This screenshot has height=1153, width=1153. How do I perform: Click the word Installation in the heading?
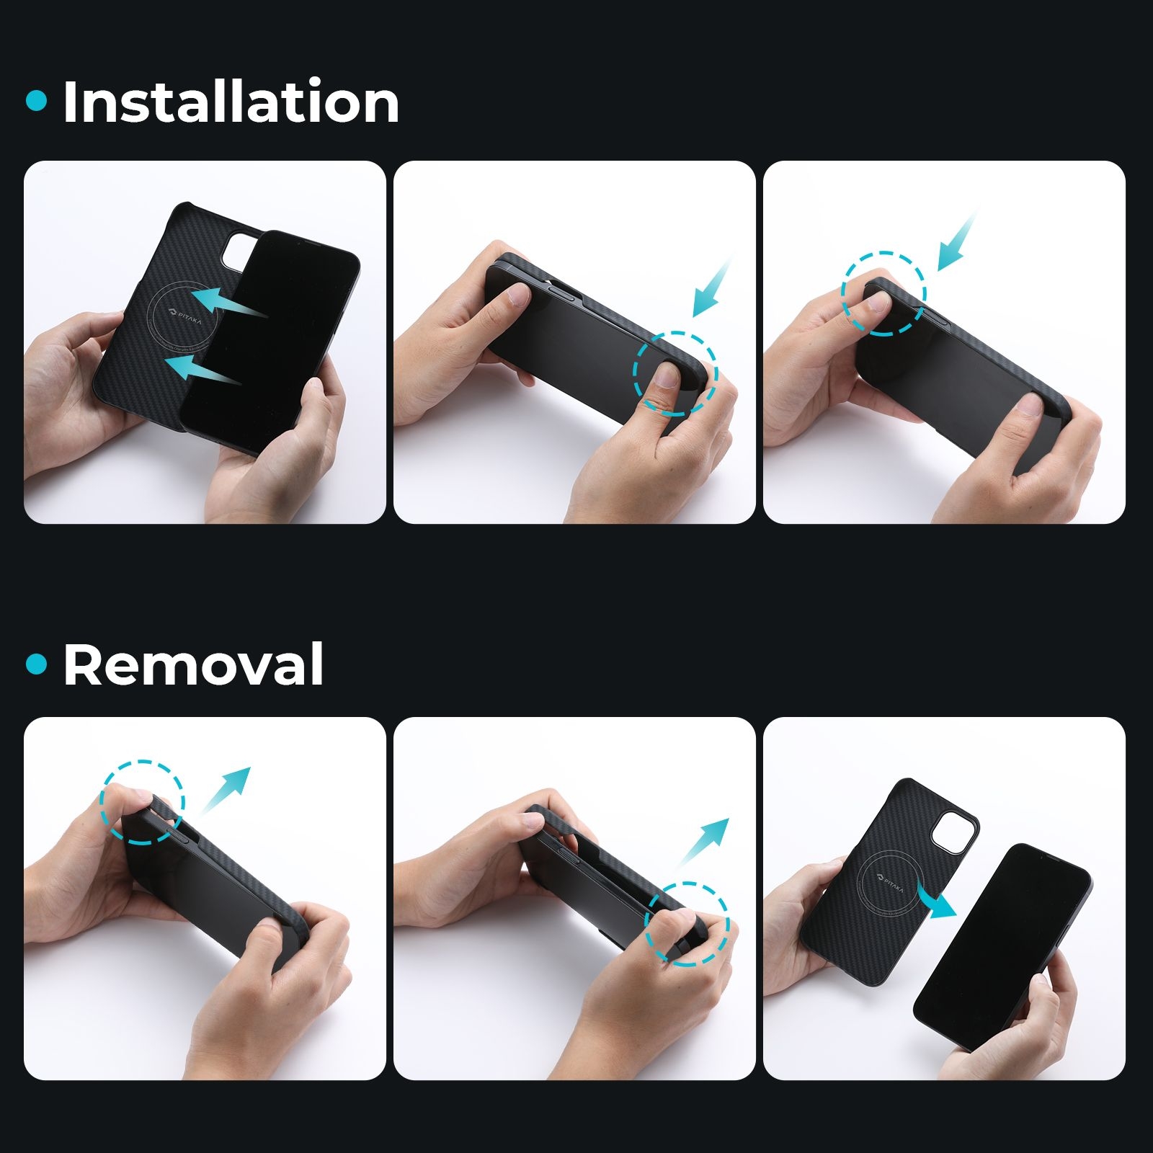click(x=231, y=102)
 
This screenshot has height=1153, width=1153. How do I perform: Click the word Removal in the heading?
click(x=193, y=664)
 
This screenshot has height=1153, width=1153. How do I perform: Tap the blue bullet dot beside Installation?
click(x=36, y=101)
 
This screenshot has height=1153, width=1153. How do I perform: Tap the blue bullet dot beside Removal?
click(x=36, y=664)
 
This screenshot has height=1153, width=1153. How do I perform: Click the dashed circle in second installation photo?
click(x=634, y=373)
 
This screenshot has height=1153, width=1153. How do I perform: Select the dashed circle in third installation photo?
click(x=842, y=293)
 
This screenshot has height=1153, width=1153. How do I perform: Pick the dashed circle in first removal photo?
click(x=102, y=801)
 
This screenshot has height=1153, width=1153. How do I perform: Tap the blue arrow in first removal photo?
click(x=225, y=790)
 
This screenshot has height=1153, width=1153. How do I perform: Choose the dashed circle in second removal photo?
click(x=645, y=924)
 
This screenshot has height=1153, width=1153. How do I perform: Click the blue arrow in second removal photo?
click(x=703, y=842)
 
